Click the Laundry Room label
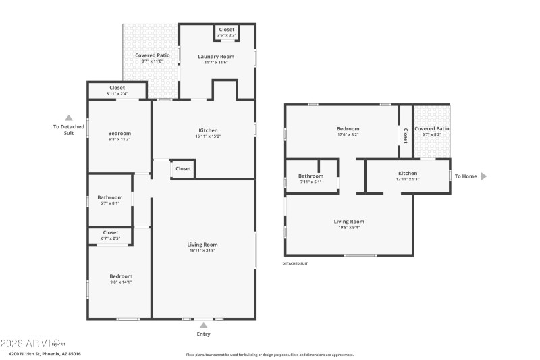pyautogui.click(x=216, y=56)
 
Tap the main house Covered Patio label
pyautogui.click(x=152, y=55)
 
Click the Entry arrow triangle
pyautogui.click(x=203, y=325)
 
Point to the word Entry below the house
pyautogui.click(x=203, y=334)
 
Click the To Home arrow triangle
pyautogui.click(x=483, y=176)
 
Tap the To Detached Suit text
pyautogui.click(x=68, y=130)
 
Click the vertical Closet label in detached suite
pyautogui.click(x=406, y=136)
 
